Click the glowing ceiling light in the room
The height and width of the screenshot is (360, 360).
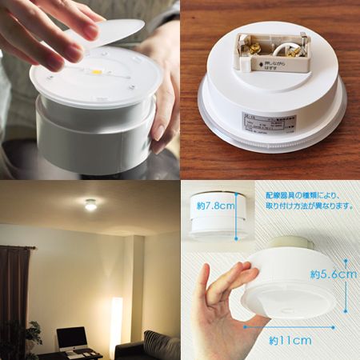[x=90, y=205]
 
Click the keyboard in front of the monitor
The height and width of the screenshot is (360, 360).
[x=74, y=353]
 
